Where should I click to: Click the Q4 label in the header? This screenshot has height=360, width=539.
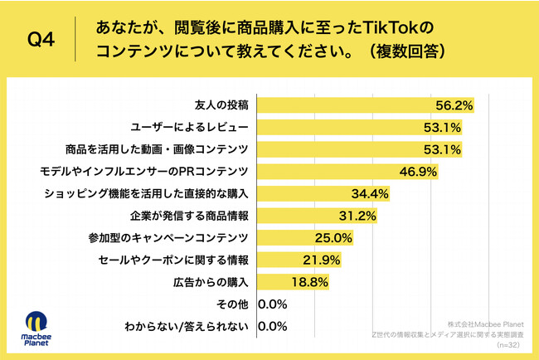(41, 40)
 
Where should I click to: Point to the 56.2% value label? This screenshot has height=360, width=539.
(455, 105)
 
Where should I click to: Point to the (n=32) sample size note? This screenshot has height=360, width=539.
(507, 343)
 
